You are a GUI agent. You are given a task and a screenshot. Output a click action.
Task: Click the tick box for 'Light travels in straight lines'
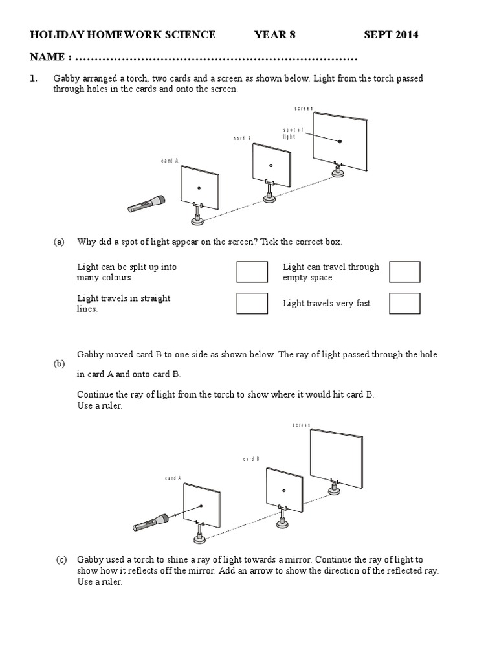click(x=252, y=303)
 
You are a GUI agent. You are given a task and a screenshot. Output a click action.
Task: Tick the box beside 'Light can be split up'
click(x=252, y=272)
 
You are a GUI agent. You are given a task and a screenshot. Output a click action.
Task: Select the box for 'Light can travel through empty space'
click(x=404, y=272)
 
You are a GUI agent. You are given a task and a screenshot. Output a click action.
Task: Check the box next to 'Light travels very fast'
click(x=404, y=303)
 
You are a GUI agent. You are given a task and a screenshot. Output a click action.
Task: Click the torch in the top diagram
click(x=146, y=205)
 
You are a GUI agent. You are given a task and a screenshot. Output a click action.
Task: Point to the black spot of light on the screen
click(x=340, y=140)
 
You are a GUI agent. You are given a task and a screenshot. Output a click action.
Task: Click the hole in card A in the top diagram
click(x=199, y=188)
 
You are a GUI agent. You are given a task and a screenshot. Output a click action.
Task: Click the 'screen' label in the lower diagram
click(x=302, y=425)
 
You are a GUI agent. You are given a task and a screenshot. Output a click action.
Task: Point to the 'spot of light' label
click(x=293, y=133)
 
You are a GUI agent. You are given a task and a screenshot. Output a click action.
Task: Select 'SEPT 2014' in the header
click(x=391, y=35)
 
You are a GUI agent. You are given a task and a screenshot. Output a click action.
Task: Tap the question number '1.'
click(x=33, y=79)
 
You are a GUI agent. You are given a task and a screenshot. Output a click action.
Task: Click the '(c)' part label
click(x=61, y=560)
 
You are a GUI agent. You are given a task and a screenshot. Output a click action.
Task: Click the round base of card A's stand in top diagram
click(x=199, y=221)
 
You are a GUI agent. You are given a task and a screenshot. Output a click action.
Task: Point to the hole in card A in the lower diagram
click(x=201, y=506)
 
